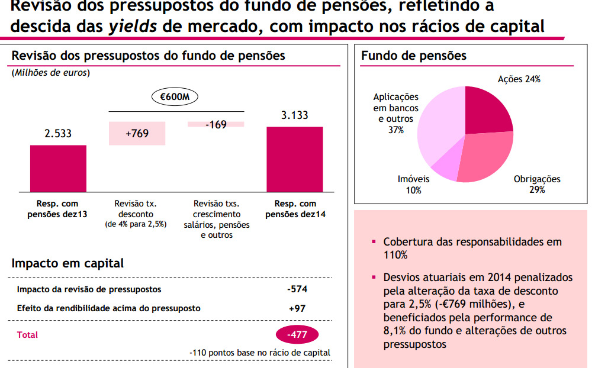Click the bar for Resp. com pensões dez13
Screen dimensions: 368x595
click(x=58, y=168)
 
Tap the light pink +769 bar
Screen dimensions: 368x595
click(x=137, y=133)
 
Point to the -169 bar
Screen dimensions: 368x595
click(x=216, y=124)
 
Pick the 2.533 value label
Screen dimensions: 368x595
click(x=58, y=134)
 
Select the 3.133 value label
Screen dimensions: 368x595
click(x=294, y=115)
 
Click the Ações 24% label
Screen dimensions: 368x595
click(x=519, y=79)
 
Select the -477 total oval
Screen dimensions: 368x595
click(x=297, y=335)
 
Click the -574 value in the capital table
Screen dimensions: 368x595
click(x=297, y=289)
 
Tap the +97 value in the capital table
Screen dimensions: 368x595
click(x=297, y=308)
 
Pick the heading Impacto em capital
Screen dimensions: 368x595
click(x=67, y=264)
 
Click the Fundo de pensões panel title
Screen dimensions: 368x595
click(x=413, y=56)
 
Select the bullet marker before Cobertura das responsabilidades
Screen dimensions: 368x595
click(x=374, y=242)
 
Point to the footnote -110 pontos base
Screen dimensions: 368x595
click(x=260, y=353)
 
